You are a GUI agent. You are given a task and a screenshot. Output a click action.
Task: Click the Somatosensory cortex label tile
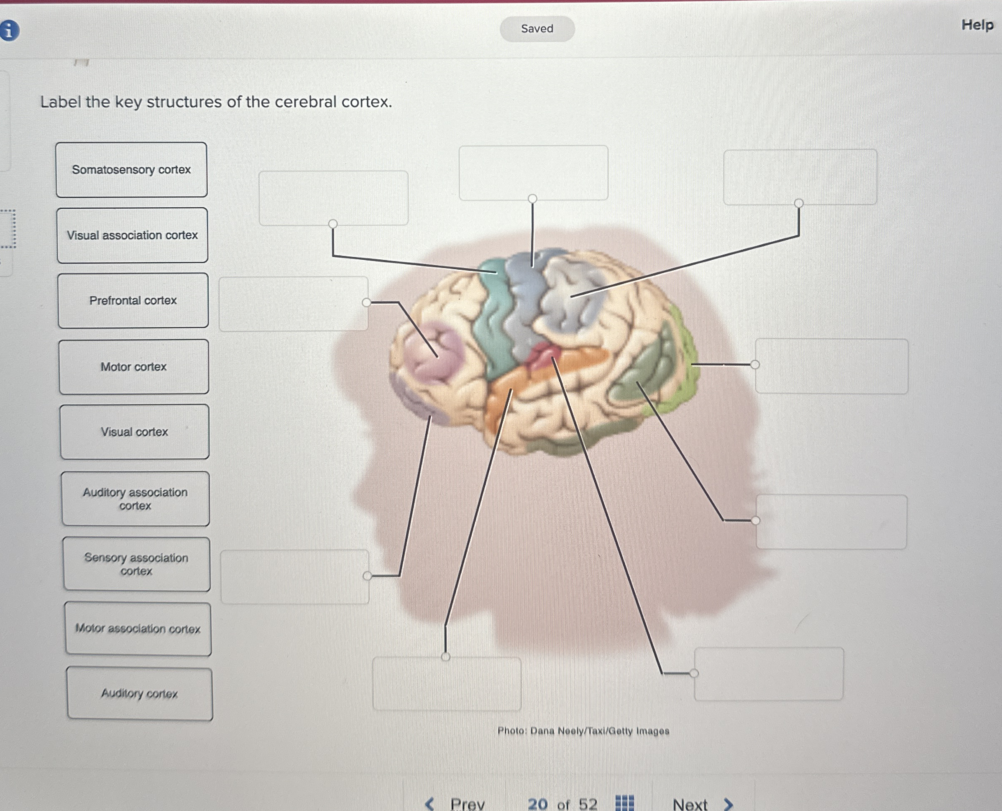pos(131,169)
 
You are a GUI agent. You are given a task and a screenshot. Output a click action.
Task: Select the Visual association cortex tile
pos(132,235)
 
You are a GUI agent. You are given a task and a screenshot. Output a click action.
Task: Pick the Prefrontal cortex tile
pos(133,300)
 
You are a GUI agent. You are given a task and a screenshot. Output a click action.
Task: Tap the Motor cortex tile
pos(133,367)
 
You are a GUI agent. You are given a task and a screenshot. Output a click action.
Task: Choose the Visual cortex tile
pos(135,432)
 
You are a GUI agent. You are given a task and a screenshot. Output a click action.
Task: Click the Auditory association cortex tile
pos(135,499)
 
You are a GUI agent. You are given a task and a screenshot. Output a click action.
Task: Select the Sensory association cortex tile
pos(136,564)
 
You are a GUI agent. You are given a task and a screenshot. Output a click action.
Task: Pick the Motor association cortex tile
pos(138,628)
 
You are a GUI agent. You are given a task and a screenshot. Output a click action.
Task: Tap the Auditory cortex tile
pos(140,693)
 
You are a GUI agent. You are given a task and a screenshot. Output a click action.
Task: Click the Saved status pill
pos(537,28)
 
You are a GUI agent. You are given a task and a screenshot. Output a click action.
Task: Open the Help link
pos(977,25)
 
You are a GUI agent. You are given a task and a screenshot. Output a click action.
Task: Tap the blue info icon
pos(9,31)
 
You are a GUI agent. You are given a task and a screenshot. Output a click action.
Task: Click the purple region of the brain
pos(432,355)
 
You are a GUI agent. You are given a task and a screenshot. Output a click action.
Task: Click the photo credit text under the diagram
pos(583,731)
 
